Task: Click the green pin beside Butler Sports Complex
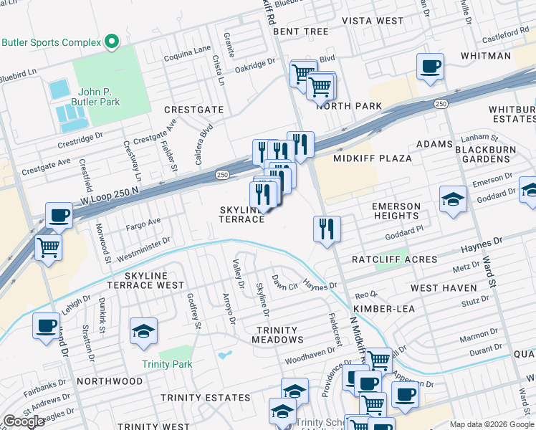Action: pos(111,42)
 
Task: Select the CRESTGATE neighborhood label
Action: pos(193,110)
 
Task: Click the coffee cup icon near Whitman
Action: pos(430,67)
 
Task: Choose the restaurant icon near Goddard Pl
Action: pos(327,229)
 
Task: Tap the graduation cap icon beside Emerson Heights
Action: pos(454,198)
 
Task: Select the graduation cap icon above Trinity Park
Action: pos(143,330)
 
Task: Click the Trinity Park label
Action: pos(167,364)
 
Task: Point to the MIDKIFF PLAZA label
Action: pos(373,158)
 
